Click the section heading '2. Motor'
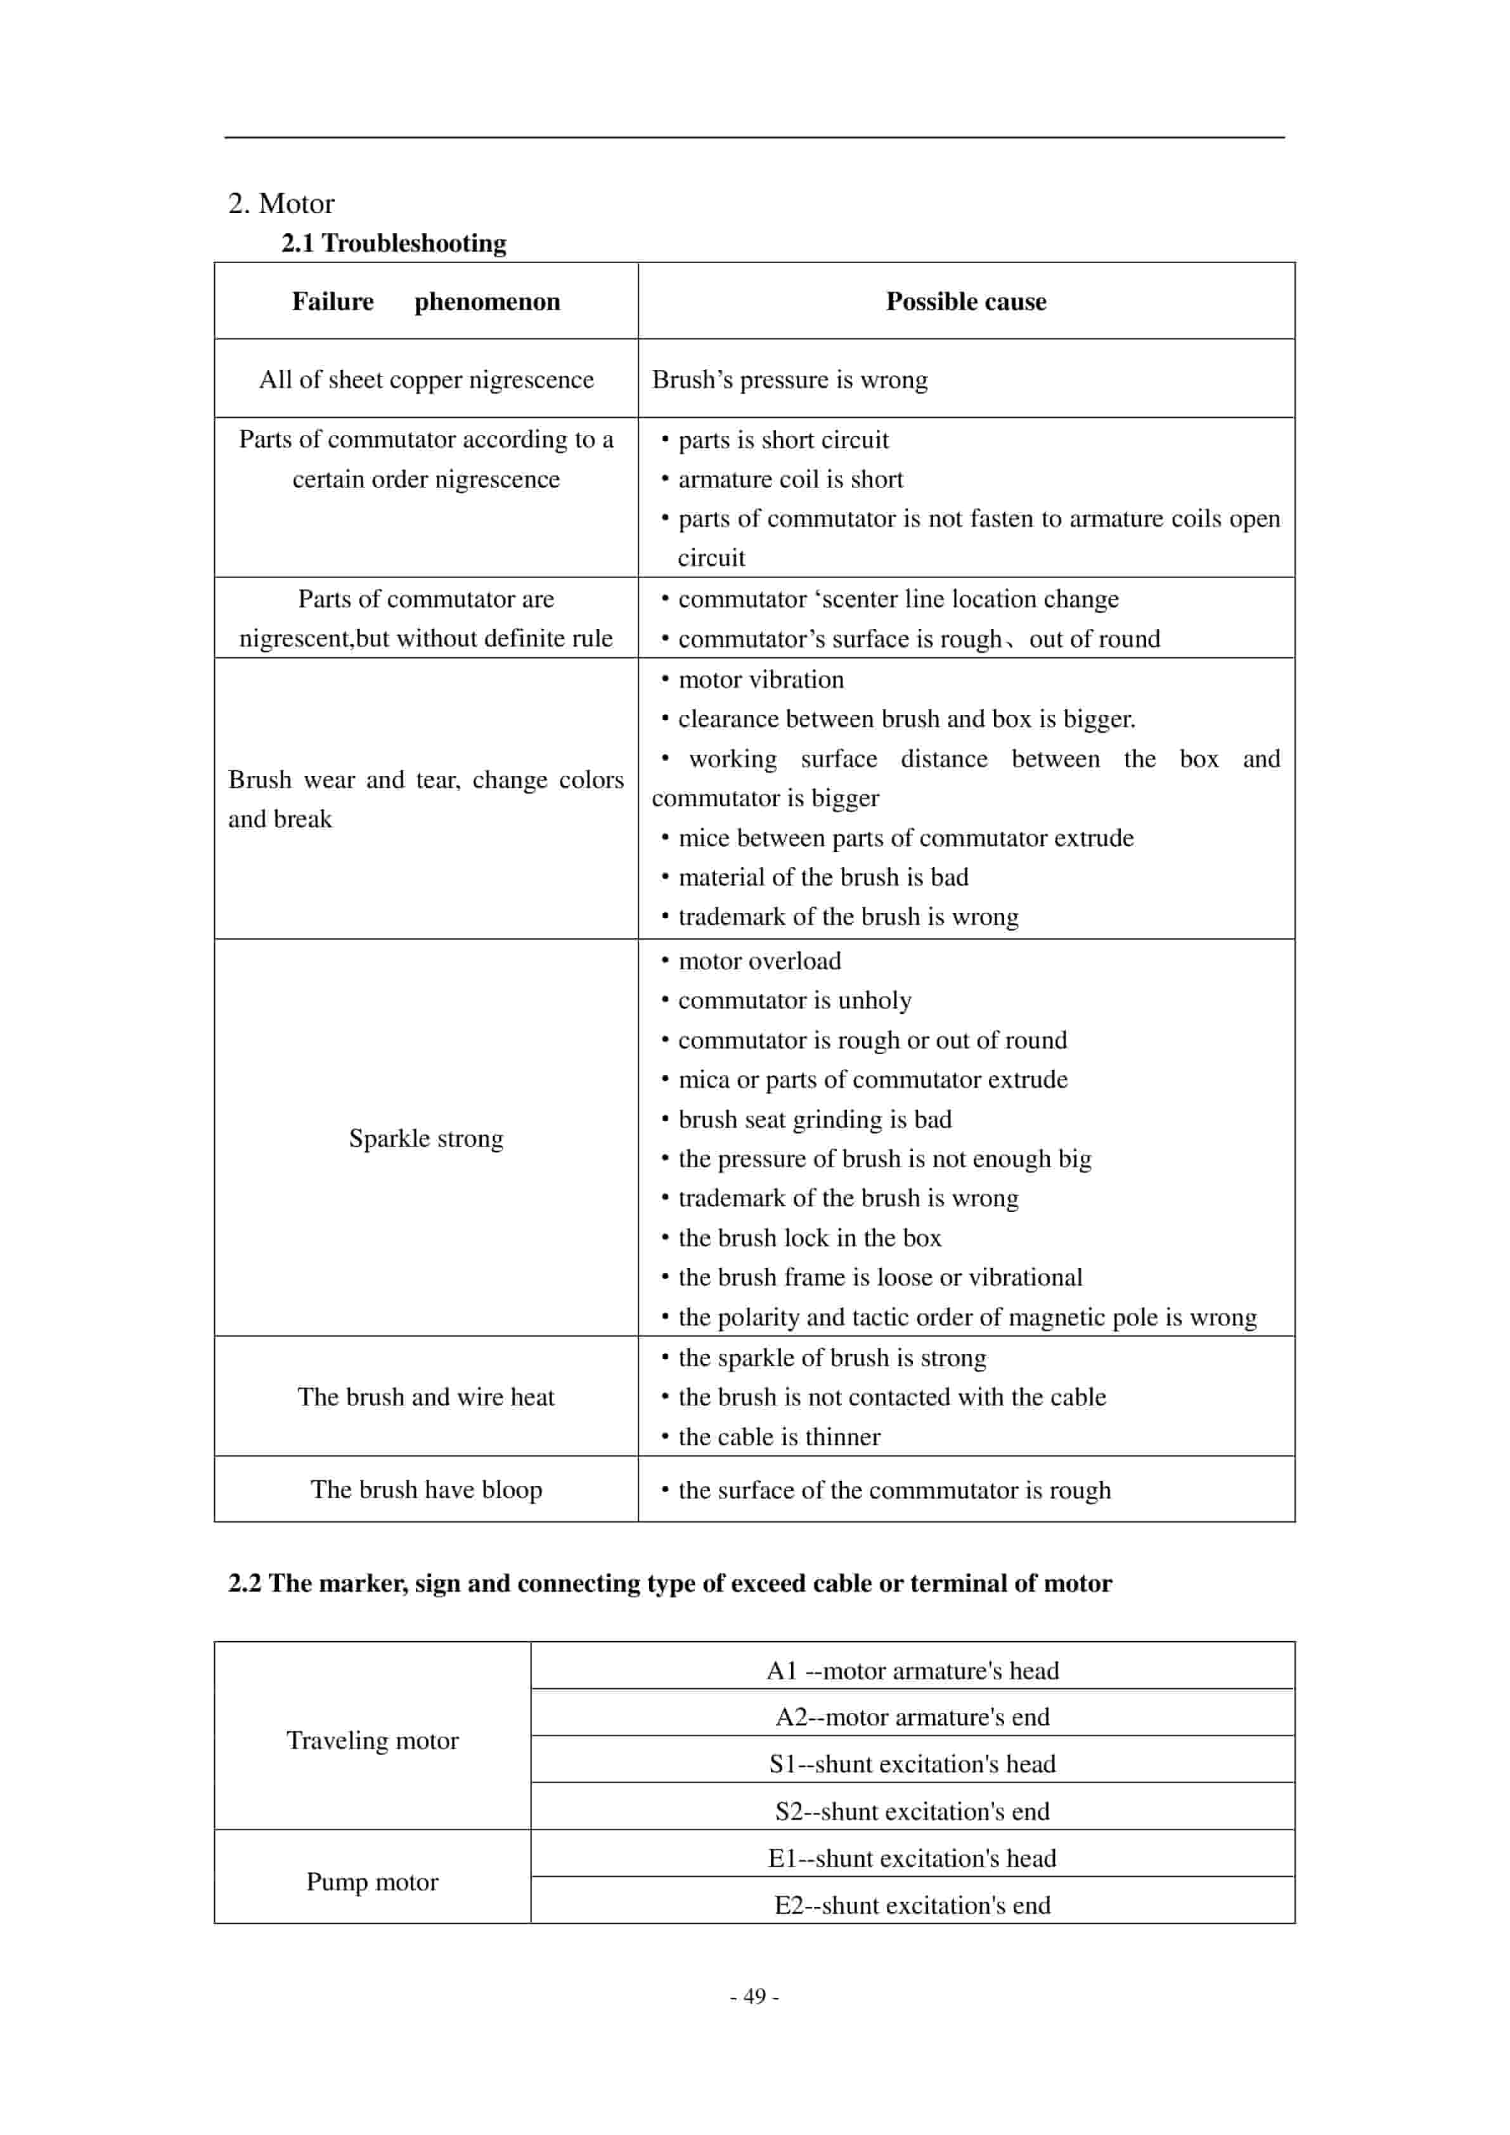point(281,203)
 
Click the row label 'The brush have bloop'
point(426,1490)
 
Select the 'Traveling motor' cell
point(372,1740)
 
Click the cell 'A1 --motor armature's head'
point(912,1670)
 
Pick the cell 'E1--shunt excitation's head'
point(912,1858)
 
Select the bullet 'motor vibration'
point(761,680)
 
